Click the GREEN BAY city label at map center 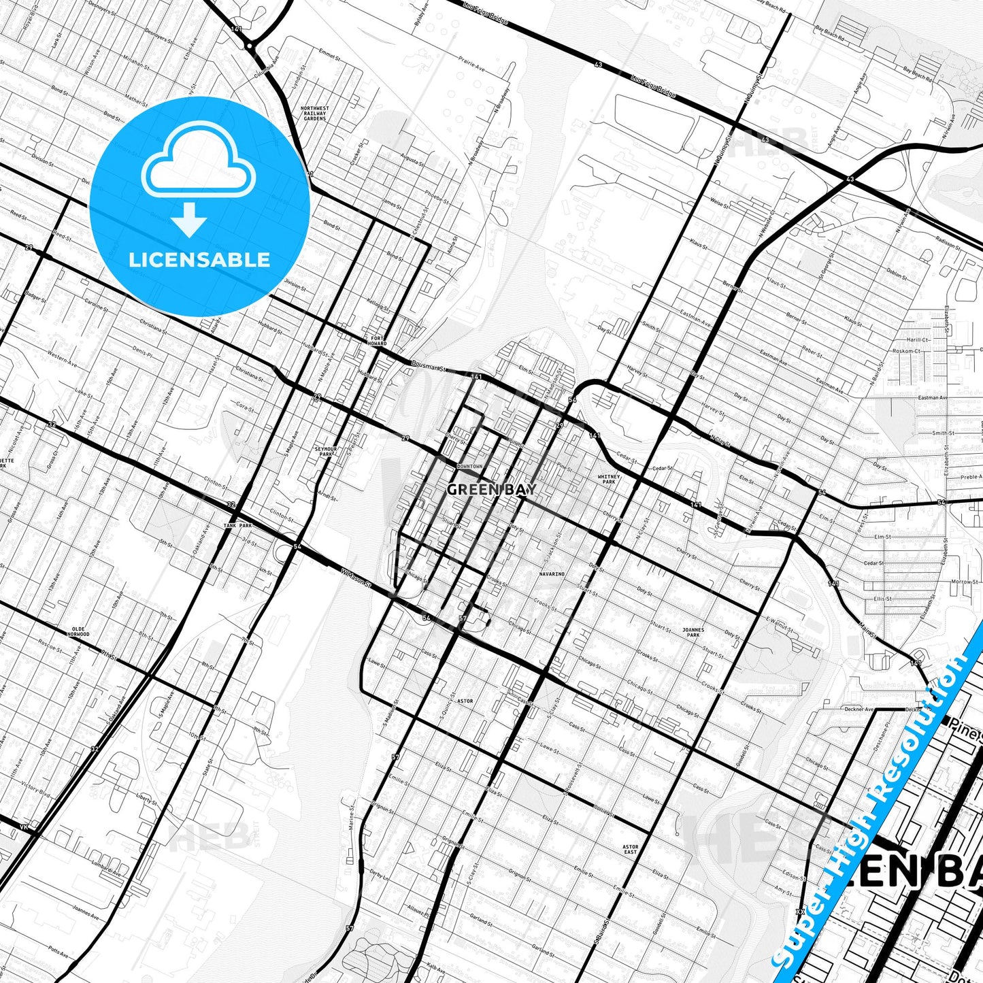(492, 489)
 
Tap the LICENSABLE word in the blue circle (199, 260)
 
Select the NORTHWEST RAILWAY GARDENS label (314, 113)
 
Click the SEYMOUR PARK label (326, 452)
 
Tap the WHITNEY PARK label (608, 479)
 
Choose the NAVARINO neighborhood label (552, 574)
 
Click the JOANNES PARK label (693, 632)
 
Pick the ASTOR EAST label (631, 850)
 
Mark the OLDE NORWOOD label (78, 631)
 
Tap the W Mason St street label (356, 579)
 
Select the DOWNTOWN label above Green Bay (469, 466)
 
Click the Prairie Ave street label (471, 67)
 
